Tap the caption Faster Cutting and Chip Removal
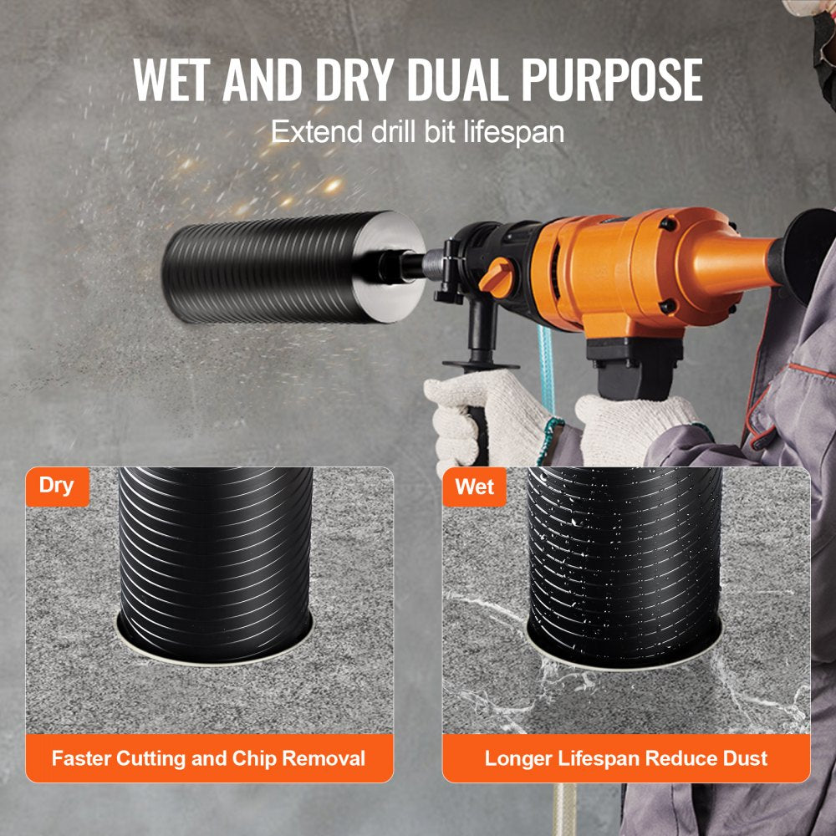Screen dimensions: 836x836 tap(208, 759)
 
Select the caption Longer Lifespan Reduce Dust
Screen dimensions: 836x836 tap(625, 759)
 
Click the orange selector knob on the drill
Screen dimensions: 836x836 tap(498, 276)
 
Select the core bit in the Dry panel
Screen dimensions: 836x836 tap(215, 552)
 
